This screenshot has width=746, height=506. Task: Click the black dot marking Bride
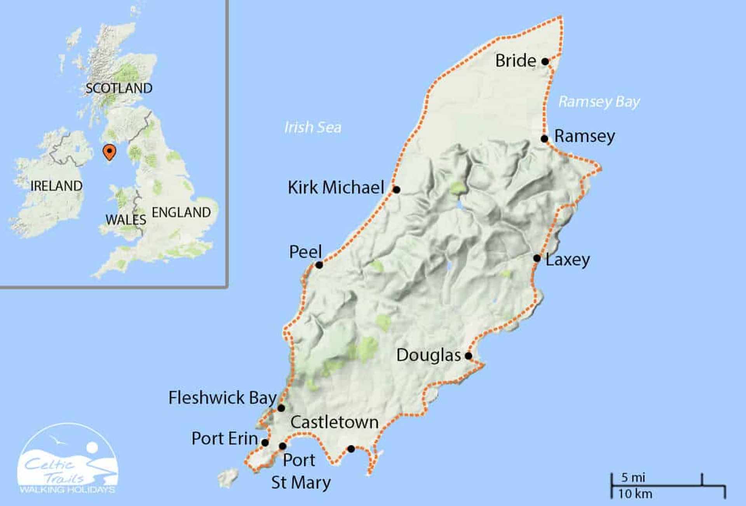(545, 61)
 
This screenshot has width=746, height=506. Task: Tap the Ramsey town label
(584, 136)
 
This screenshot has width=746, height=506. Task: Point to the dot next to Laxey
(537, 258)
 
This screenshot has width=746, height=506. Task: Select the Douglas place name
(428, 355)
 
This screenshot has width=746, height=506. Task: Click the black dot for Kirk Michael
(396, 190)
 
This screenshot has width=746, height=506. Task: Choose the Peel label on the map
(305, 252)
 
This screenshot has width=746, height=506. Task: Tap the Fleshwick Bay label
(222, 398)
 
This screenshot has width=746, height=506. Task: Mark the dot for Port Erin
(265, 443)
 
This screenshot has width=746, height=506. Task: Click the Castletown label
(335, 422)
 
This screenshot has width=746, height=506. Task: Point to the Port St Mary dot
(283, 446)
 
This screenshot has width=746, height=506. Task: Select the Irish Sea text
(313, 127)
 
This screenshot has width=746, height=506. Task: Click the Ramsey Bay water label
(599, 102)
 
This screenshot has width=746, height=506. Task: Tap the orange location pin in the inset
(110, 152)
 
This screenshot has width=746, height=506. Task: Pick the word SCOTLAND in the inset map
(119, 88)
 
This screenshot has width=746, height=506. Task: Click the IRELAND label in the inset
(56, 186)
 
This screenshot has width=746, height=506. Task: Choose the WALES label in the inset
(126, 220)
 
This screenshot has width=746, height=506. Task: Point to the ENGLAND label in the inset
(181, 212)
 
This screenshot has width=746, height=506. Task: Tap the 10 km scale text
(635, 494)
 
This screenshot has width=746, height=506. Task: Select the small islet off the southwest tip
(228, 478)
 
